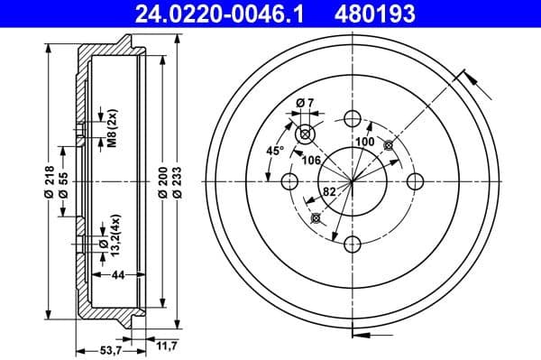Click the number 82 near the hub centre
tap(330, 190)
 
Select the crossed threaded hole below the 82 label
tap(316, 217)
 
